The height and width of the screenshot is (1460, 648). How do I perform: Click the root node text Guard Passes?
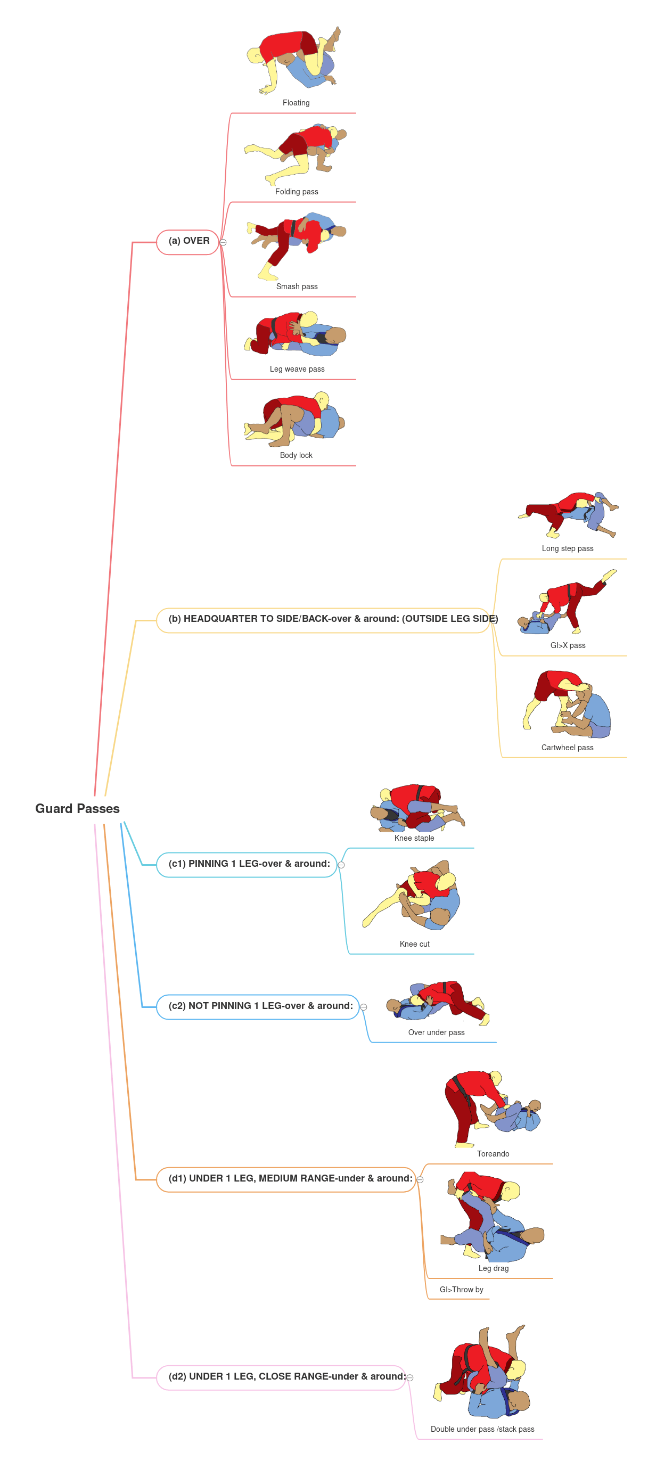click(77, 808)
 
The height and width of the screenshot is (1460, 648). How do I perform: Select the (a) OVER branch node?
click(188, 241)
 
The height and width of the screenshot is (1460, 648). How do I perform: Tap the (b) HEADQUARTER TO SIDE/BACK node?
click(332, 619)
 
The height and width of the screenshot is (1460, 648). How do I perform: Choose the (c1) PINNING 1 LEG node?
click(248, 864)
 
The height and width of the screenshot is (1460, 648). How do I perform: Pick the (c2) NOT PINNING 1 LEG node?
click(260, 1006)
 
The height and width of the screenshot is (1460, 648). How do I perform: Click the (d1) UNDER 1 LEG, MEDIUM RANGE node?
click(289, 1178)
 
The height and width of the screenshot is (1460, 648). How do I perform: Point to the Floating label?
click(296, 103)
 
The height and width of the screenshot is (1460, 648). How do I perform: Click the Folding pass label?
click(297, 192)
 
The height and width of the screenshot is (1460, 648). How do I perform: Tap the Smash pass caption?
click(297, 287)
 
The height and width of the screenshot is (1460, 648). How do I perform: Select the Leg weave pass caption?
click(297, 370)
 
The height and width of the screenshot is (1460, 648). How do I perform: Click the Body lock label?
click(296, 456)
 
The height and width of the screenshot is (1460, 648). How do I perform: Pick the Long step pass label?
click(567, 548)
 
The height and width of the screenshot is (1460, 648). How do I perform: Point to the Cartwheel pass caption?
click(567, 748)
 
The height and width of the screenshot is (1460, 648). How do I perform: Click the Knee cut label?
click(414, 944)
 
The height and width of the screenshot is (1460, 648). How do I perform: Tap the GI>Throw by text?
click(461, 1290)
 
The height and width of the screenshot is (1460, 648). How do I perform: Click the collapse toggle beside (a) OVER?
click(224, 243)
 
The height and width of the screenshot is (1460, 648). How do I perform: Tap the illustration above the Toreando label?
click(491, 1108)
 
